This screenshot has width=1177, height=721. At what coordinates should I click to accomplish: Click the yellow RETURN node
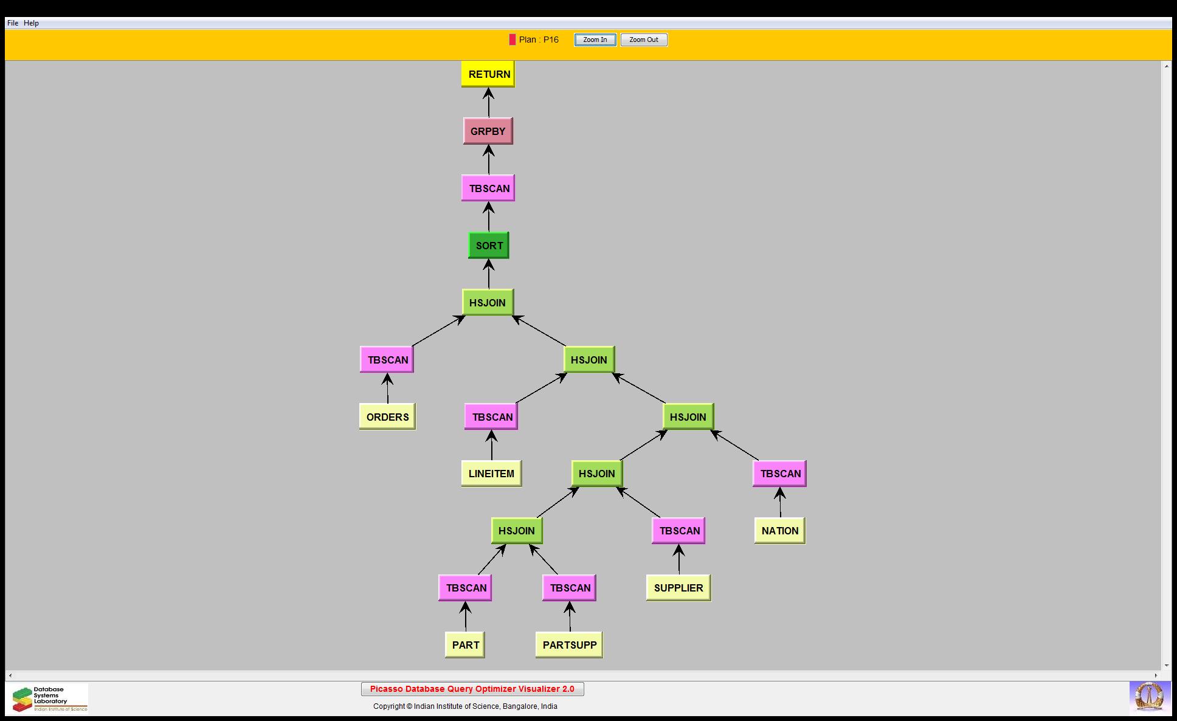[x=488, y=74]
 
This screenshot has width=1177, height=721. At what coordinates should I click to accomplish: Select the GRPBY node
[x=488, y=131]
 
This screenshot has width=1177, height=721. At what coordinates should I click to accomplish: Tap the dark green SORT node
[x=488, y=246]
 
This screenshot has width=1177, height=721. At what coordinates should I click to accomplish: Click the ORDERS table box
[x=387, y=417]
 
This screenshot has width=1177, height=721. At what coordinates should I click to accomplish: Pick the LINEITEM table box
[x=491, y=474]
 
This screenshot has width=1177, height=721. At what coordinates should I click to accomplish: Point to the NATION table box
[x=779, y=531]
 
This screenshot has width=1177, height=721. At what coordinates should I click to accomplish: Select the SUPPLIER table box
[x=678, y=588]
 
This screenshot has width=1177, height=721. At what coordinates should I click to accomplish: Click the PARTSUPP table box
[x=569, y=645]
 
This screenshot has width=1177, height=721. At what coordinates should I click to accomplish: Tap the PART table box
[x=465, y=645]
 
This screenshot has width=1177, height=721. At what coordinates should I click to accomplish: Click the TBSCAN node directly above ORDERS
[x=387, y=360]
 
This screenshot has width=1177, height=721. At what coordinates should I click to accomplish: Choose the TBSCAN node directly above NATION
[x=779, y=474]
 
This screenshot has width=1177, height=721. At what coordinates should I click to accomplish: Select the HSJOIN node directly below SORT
[x=488, y=303]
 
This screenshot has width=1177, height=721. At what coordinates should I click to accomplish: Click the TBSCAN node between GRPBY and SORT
[x=488, y=188]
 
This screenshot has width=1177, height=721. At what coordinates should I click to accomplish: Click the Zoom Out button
[x=644, y=40]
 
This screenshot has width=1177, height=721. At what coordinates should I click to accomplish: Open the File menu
[x=13, y=23]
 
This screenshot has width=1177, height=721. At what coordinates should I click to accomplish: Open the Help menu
[x=31, y=23]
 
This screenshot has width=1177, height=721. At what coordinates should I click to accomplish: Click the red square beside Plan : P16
[x=513, y=40]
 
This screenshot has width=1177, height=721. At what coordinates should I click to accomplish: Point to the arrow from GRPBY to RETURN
[x=488, y=103]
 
